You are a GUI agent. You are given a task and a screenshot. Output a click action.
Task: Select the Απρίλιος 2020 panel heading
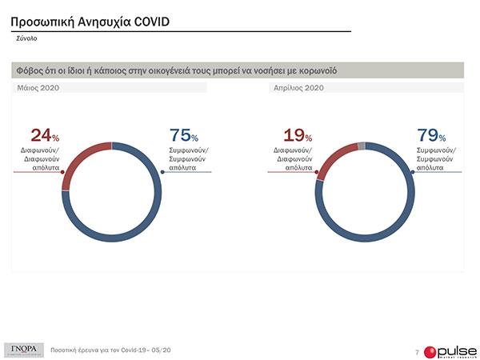(x=298, y=87)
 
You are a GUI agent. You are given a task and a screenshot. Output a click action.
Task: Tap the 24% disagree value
(x=45, y=135)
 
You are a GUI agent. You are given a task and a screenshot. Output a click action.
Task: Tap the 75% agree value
(x=183, y=135)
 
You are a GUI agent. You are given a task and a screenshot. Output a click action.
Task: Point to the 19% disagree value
(x=298, y=135)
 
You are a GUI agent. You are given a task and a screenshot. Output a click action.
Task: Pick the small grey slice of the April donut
(x=362, y=145)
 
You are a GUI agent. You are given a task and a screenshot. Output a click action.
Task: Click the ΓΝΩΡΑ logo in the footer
(x=25, y=349)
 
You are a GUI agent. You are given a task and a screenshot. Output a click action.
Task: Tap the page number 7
(x=417, y=351)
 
